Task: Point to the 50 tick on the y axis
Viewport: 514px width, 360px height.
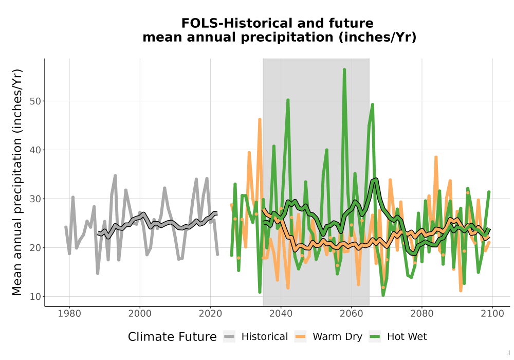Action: coord(35,101)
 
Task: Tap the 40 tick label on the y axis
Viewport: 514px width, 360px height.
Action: coord(35,150)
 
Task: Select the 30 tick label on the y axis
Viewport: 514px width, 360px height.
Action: coord(35,199)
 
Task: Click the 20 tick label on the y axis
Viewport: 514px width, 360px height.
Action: coord(35,248)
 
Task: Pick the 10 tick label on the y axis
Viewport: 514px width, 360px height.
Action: coord(35,297)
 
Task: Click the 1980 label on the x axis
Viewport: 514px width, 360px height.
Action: coord(69,313)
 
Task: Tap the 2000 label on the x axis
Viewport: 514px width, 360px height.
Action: coord(140,313)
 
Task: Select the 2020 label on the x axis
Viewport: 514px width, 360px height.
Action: coord(210,313)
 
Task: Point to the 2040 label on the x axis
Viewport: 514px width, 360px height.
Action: coord(281,313)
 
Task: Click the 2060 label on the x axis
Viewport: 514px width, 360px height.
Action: coord(352,313)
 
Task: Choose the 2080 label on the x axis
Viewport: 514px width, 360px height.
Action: coord(422,313)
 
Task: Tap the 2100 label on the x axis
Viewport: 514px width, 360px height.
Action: coord(492,313)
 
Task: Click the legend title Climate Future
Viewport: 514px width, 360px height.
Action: coord(172,337)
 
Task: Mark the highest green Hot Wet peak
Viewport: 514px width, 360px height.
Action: coord(344,70)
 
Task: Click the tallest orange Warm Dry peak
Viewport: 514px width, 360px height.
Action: coord(260,120)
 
